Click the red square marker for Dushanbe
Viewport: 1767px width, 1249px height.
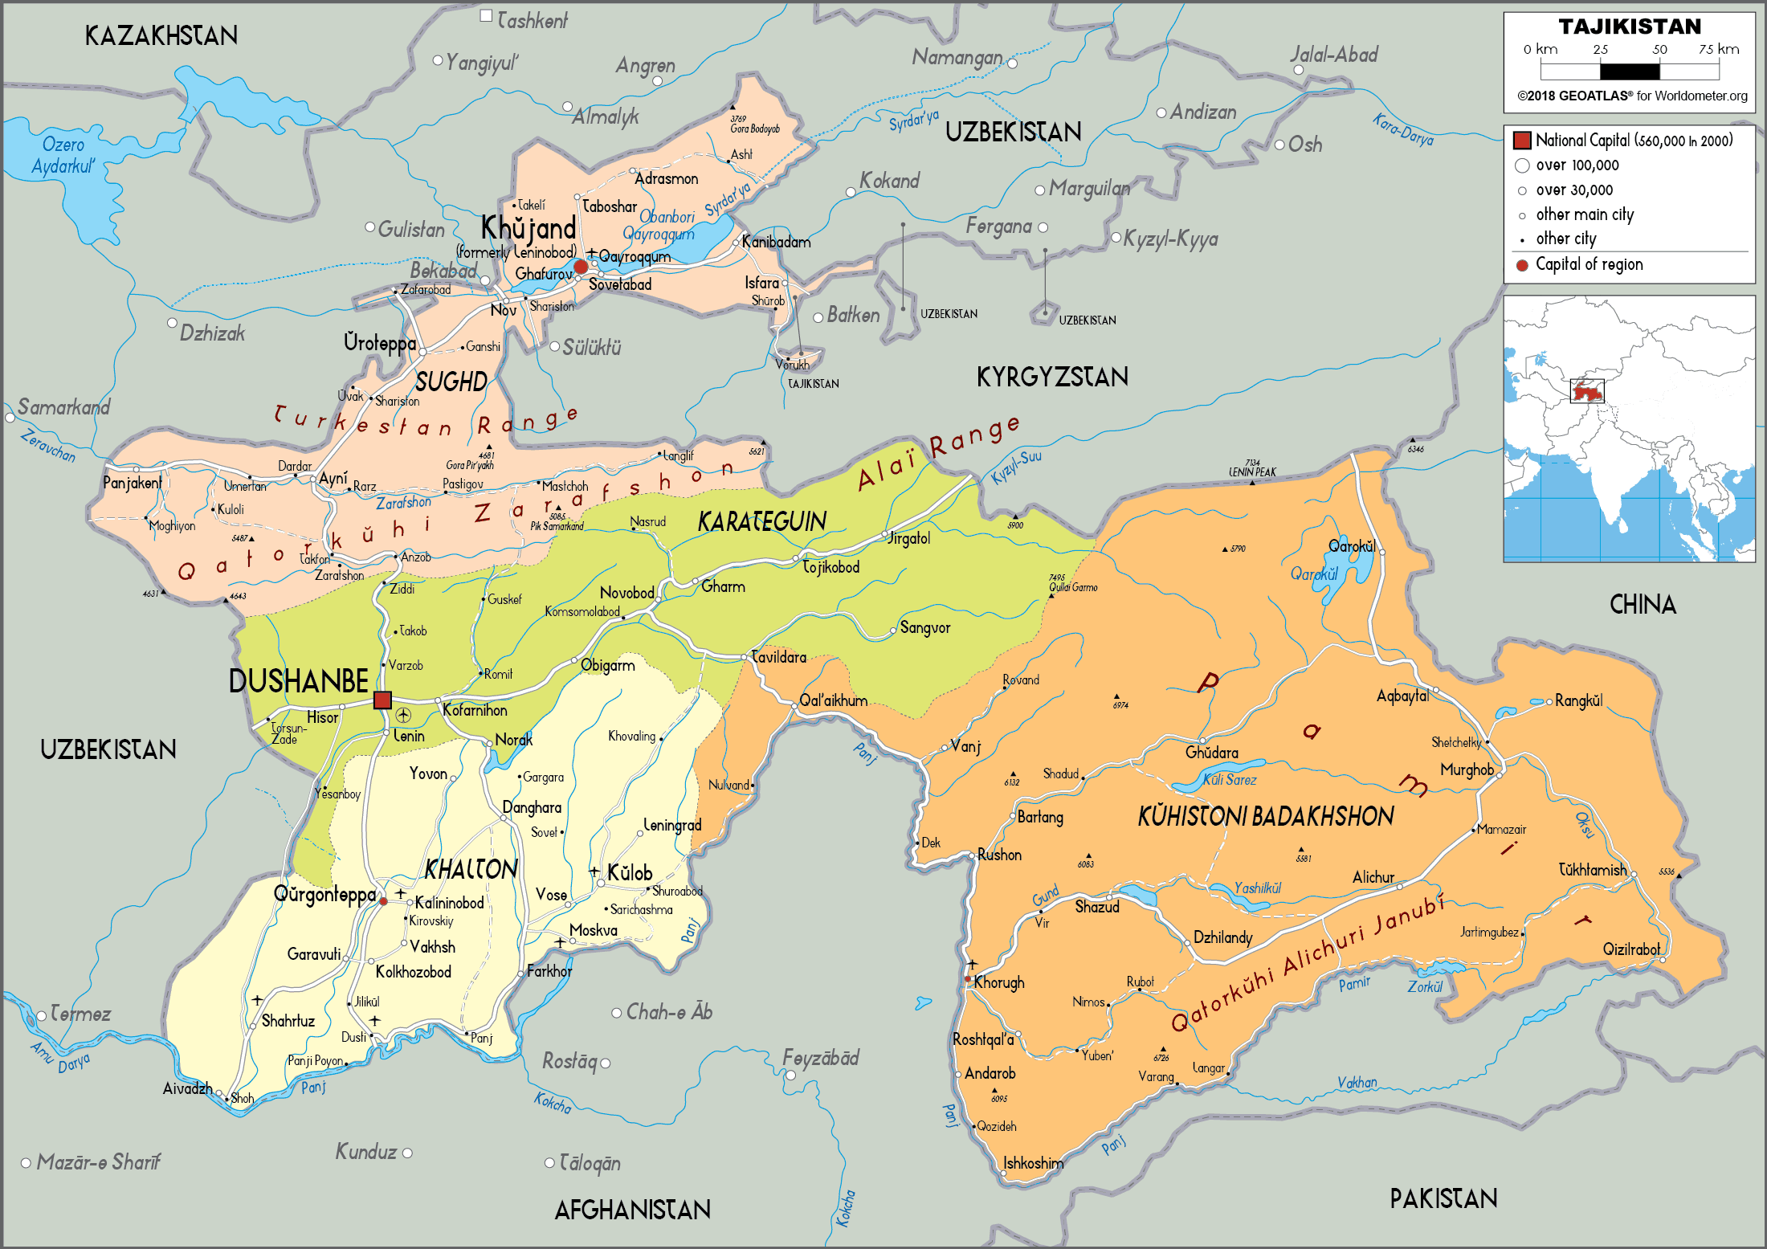[x=382, y=700]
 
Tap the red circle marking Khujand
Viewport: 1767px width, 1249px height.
[x=581, y=267]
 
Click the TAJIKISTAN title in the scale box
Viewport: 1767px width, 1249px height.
[x=1630, y=27]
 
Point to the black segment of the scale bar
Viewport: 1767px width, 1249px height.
[x=1630, y=71]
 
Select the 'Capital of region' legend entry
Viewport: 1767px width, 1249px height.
[x=1588, y=264]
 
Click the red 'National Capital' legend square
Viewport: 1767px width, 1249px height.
[x=1521, y=141]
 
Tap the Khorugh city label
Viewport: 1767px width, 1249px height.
[x=999, y=982]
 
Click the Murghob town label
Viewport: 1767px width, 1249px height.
[x=1467, y=769]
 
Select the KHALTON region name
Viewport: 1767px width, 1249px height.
[x=471, y=869]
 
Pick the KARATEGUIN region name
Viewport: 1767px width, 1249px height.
[x=761, y=522]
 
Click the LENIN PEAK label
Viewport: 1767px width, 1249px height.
[x=1252, y=472]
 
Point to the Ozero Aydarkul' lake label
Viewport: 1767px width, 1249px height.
[x=63, y=155]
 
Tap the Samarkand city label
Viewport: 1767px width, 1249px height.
[x=64, y=407]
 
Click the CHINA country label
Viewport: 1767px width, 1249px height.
[x=1643, y=605]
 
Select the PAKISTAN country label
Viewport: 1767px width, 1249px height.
[x=1443, y=1198]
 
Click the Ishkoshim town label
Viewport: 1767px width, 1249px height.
[x=1033, y=1163]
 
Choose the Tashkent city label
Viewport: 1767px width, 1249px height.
[x=532, y=20]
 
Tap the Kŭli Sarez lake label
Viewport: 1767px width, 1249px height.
[x=1229, y=779]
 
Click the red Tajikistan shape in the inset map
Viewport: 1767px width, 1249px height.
[x=1587, y=392]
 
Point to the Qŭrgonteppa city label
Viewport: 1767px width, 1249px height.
[x=324, y=894]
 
